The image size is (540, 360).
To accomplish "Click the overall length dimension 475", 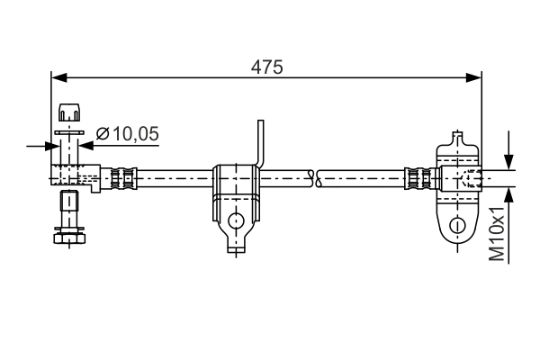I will pos(267,67).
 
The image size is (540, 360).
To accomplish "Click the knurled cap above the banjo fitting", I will pos(69,114).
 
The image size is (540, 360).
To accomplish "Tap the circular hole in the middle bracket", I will pos(237,220).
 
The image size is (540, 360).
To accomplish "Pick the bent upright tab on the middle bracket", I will pos(261,144).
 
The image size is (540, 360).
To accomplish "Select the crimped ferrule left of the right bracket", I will pos(419,177).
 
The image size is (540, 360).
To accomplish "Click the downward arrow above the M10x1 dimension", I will pos(510,157).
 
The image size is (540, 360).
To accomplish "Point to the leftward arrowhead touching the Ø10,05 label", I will pos(88,144).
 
